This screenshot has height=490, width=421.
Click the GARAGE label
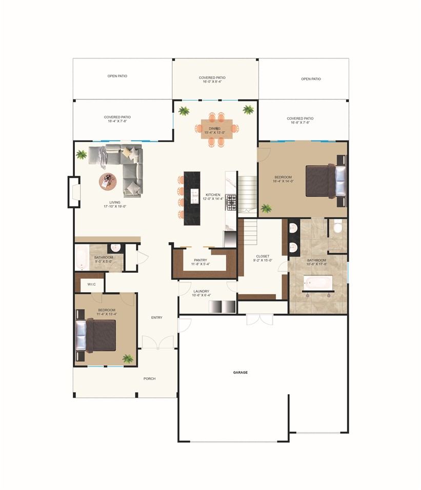coord(240,372)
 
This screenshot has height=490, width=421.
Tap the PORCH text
coord(149,379)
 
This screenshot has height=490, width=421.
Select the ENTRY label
coord(156,318)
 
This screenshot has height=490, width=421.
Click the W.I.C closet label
coord(92,284)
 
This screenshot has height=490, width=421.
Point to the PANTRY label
coord(200,260)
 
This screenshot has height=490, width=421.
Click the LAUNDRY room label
coord(202,291)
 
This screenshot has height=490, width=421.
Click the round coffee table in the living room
coord(108,180)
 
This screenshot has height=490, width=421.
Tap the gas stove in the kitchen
coord(231,202)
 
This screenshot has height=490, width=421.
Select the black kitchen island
coord(192,198)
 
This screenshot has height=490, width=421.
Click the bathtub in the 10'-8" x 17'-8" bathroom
coord(318,282)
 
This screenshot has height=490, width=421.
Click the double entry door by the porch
coord(158,343)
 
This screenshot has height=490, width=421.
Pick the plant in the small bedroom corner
coord(128,358)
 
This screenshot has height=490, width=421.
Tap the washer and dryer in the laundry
coord(222,307)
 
